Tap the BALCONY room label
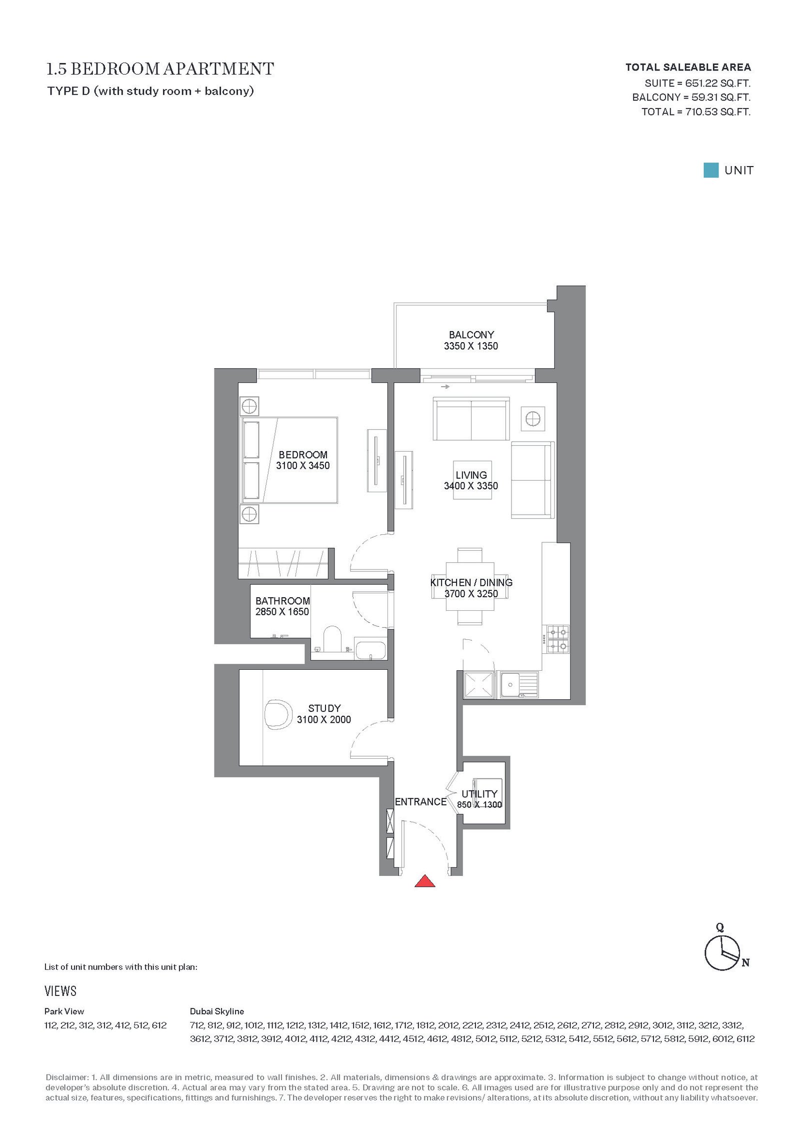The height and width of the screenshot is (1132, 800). [x=471, y=335]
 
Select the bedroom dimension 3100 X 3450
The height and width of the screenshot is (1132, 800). [x=303, y=466]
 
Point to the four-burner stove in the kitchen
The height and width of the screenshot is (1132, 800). [x=557, y=639]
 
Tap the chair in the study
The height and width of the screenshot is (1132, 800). [x=278, y=715]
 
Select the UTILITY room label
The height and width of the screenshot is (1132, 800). [x=479, y=794]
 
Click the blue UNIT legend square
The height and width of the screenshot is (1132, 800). [x=711, y=170]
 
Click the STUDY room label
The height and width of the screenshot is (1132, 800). [x=324, y=708]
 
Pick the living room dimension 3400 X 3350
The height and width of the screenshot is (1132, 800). [x=471, y=486]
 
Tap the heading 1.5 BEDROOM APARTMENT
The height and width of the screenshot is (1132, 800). [x=160, y=69]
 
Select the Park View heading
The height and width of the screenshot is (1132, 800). [x=64, y=1011]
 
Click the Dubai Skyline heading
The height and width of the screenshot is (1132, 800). [x=217, y=1011]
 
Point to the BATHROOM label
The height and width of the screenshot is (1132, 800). [x=282, y=601]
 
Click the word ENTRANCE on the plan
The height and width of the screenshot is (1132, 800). [x=420, y=802]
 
